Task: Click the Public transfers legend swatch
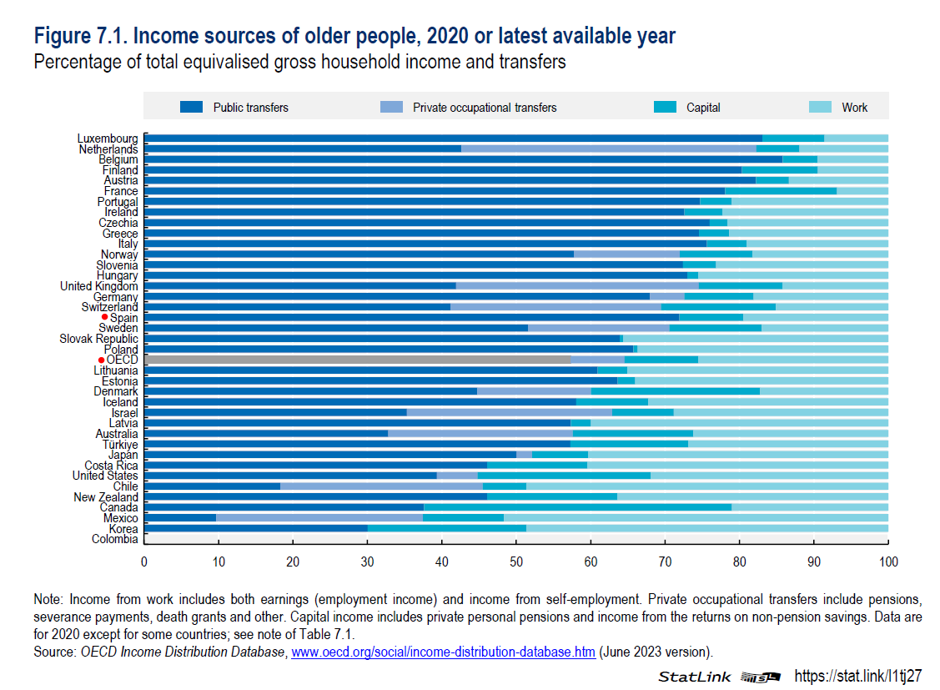(x=191, y=107)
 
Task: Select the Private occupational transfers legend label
(x=485, y=108)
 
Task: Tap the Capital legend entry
(x=703, y=108)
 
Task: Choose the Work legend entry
(x=854, y=108)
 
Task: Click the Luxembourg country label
(x=108, y=139)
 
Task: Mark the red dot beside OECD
(x=101, y=360)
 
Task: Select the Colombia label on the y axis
(x=115, y=539)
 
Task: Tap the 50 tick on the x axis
(x=516, y=562)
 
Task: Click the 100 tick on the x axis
(x=888, y=562)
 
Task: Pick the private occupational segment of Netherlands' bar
(x=608, y=149)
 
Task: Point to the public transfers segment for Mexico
(x=180, y=517)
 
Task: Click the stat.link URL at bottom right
(x=857, y=675)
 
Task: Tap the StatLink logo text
(x=694, y=676)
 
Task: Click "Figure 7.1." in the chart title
(x=80, y=37)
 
